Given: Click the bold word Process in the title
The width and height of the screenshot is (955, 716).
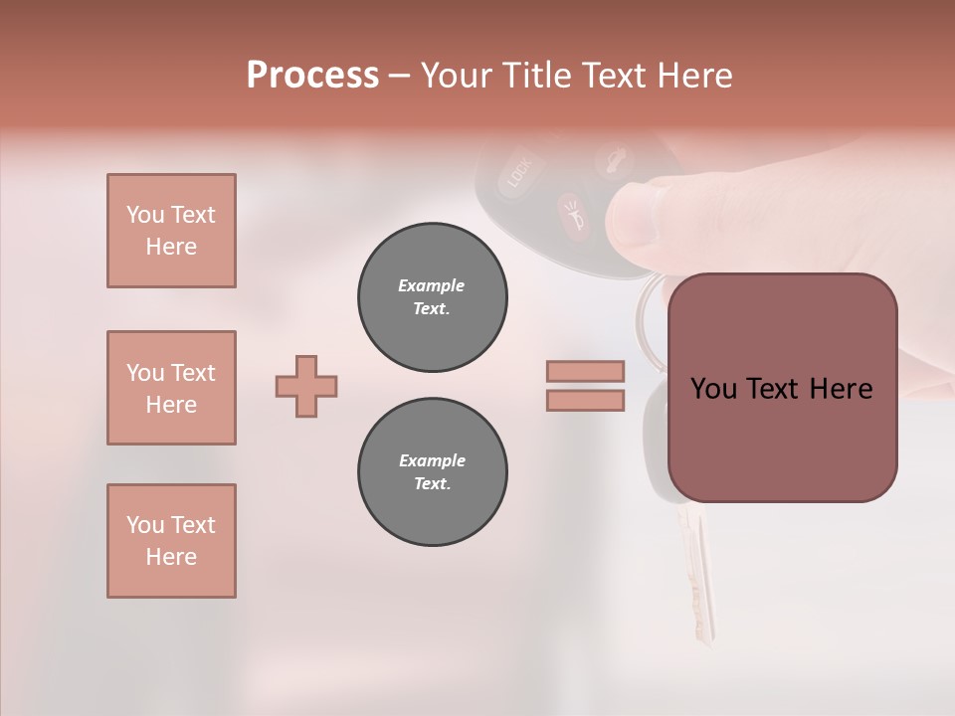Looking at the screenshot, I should click(312, 75).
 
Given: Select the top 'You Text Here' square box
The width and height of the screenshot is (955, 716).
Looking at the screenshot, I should click(171, 231).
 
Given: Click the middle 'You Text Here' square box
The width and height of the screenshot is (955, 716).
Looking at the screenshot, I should click(171, 388).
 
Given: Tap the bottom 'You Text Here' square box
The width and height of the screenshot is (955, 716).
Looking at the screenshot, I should click(171, 541).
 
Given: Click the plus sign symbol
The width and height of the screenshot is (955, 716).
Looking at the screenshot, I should click(306, 385).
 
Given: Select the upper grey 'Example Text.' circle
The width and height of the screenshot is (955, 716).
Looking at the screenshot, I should click(432, 296).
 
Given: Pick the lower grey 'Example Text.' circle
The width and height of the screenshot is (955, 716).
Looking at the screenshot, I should click(432, 471).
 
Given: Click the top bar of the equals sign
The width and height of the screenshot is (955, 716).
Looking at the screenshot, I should click(585, 371).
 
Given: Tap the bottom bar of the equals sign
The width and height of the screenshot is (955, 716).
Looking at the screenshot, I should click(585, 400).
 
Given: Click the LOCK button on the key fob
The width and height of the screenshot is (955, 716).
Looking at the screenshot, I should click(519, 173).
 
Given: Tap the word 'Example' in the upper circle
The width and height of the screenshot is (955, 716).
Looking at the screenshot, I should click(432, 285).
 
